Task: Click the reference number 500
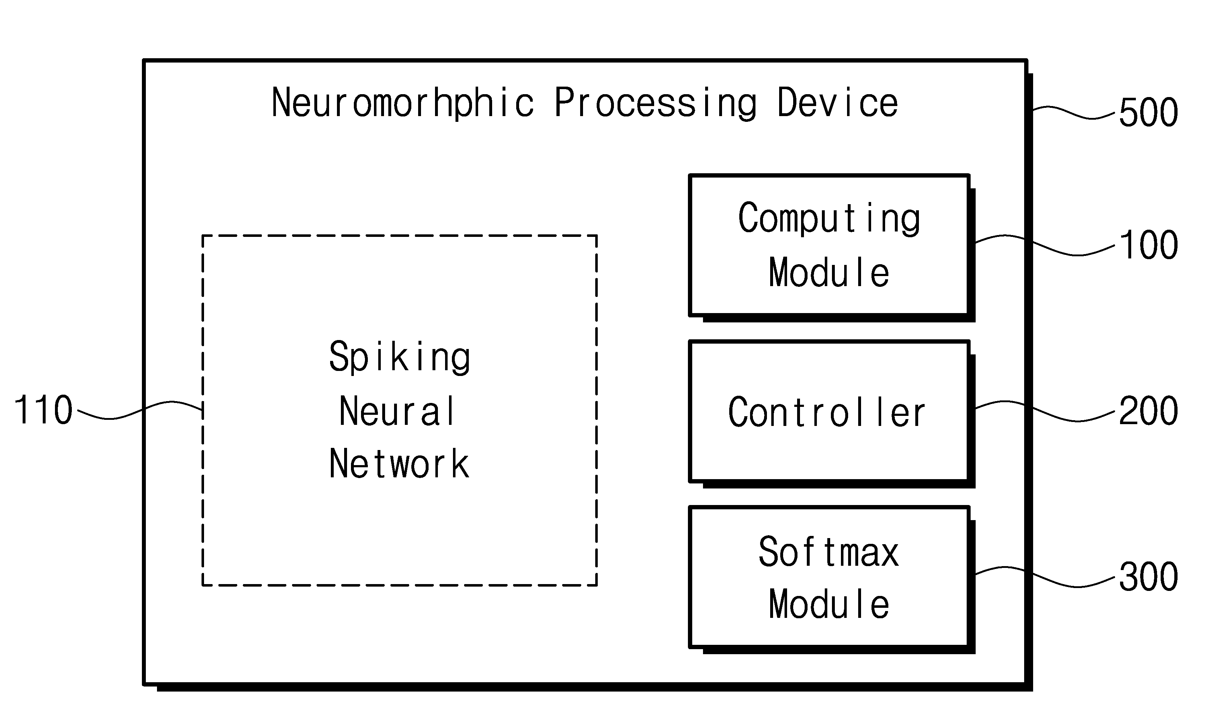[x=1149, y=112]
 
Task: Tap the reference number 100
[x=1149, y=245]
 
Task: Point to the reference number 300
[x=1149, y=577]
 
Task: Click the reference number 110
[x=43, y=410]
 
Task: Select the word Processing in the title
[x=655, y=103]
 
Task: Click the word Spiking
[x=400, y=358]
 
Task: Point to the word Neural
[x=397, y=411]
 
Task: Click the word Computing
[x=829, y=219]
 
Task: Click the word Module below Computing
[x=829, y=272]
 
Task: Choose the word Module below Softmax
[x=829, y=605]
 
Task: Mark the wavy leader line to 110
[x=140, y=410]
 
